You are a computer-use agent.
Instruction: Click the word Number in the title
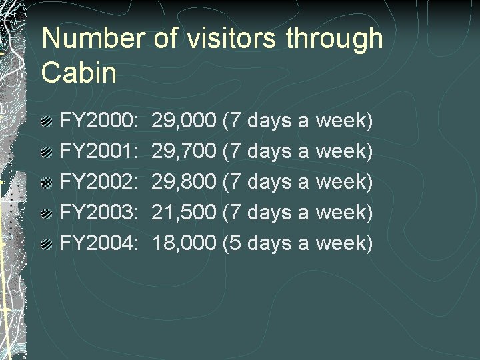(x=91, y=39)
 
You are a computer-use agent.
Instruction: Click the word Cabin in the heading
(x=79, y=73)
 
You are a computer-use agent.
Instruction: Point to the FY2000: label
(x=99, y=121)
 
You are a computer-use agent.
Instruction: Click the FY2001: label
(x=99, y=151)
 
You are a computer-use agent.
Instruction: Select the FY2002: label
(x=99, y=182)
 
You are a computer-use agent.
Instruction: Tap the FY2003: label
(x=99, y=213)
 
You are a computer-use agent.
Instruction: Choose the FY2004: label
(x=99, y=243)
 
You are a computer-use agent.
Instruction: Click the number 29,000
(x=184, y=121)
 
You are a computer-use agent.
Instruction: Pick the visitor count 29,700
(x=184, y=151)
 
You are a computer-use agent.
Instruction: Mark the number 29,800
(x=184, y=182)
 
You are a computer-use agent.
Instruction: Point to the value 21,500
(x=184, y=213)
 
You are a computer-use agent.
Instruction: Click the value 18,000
(x=184, y=243)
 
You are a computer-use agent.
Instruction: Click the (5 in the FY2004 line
(x=232, y=243)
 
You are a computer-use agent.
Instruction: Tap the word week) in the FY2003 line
(x=343, y=213)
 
